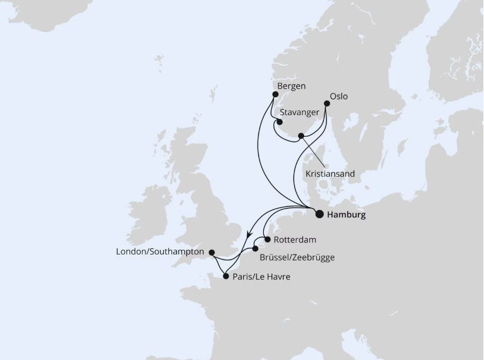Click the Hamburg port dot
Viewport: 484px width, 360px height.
coord(319,213)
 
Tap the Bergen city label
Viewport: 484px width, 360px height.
coord(291,86)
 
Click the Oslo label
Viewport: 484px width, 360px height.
coord(339,96)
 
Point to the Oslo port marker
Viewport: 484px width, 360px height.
coord(327,104)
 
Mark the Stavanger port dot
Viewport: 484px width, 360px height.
coord(279,121)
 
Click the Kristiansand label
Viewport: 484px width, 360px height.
coord(330,174)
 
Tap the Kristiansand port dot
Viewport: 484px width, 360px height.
coord(301,136)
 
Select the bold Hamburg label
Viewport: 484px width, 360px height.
coord(346,215)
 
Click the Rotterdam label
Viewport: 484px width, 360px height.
coord(295,239)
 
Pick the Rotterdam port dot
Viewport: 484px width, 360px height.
coord(267,239)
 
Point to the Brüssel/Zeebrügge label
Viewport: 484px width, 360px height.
coord(296,257)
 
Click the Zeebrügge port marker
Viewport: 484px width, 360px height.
coord(255,248)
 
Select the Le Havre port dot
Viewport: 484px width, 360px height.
coord(226,277)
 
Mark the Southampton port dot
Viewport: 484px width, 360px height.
coord(211,252)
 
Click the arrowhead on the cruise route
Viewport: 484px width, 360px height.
coord(249,235)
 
